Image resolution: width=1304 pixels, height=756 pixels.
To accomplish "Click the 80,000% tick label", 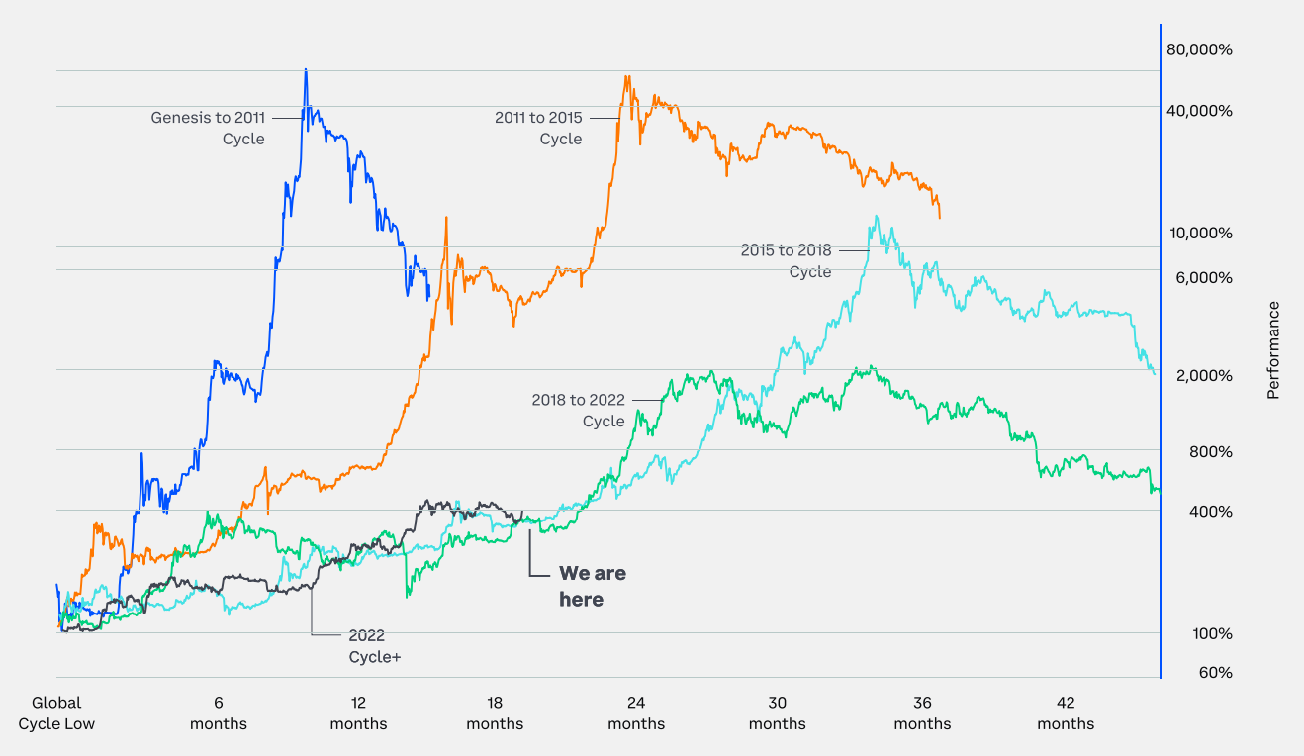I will click(x=1199, y=49).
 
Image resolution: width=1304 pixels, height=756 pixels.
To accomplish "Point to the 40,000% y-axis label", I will click(x=1199, y=110).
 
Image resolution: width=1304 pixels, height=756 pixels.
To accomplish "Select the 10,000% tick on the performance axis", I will click(x=1199, y=234).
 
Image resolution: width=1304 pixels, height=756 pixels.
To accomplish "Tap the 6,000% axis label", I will click(x=1203, y=277).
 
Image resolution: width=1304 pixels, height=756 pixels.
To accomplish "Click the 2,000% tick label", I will click(x=1203, y=375).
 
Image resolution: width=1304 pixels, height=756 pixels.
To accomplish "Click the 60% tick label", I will click(x=1216, y=673).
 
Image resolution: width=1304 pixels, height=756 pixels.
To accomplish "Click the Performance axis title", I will click(x=1273, y=350).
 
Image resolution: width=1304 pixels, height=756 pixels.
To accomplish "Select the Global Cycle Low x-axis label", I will click(x=56, y=713).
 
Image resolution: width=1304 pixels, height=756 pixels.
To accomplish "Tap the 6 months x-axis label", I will click(x=219, y=713).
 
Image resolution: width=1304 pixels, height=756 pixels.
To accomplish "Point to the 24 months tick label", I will click(x=636, y=713).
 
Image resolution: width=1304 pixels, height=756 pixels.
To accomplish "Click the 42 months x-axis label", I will click(x=1066, y=713).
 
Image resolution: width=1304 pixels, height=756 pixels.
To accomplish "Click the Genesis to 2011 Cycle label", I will click(x=208, y=128).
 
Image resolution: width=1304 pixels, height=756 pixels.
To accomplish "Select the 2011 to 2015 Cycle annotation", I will click(x=538, y=128).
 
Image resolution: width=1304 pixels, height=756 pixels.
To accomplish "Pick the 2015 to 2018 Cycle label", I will click(x=787, y=261).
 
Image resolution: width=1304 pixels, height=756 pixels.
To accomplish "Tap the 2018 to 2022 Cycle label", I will click(x=579, y=410).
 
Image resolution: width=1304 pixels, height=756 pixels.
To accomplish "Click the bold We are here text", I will click(x=592, y=586).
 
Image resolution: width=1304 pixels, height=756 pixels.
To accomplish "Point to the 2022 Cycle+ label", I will click(x=373, y=645).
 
